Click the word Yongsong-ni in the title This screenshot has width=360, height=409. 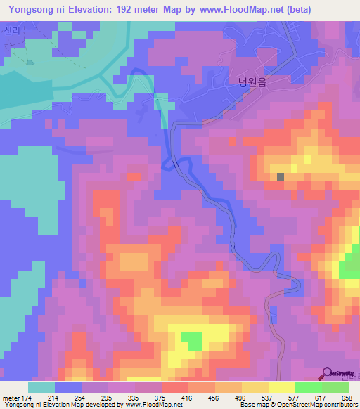coord(32,10)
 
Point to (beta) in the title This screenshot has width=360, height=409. coord(296,10)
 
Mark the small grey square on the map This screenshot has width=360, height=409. coord(281,177)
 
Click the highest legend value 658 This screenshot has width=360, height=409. coord(347,397)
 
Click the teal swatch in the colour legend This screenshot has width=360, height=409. coord(41,387)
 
